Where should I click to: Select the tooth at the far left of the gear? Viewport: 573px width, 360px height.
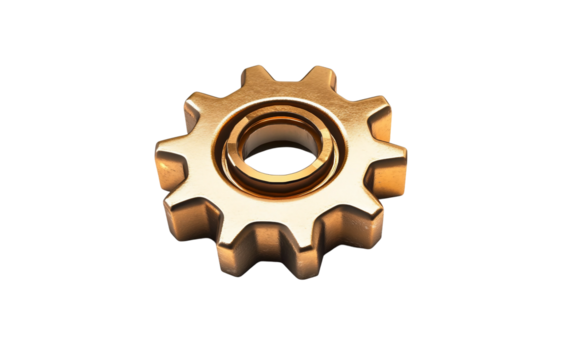click(x=169, y=165)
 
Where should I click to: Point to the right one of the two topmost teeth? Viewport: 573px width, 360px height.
click(x=319, y=79)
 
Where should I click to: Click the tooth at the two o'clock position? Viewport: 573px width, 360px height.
click(x=370, y=110)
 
